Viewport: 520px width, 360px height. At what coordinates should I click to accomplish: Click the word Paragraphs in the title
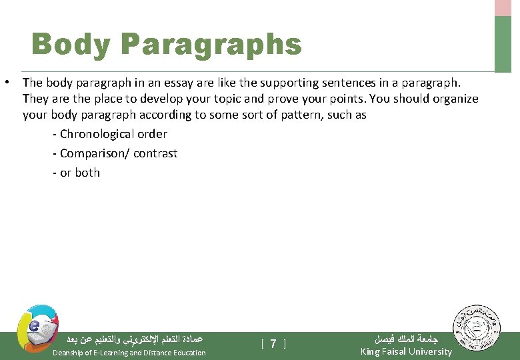click(x=211, y=45)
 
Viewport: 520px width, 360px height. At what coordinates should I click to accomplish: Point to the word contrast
click(x=155, y=153)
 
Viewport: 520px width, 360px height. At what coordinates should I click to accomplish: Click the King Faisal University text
click(x=406, y=351)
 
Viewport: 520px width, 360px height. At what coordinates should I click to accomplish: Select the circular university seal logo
click(x=479, y=331)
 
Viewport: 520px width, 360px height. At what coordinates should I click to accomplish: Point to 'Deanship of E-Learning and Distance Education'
click(x=129, y=353)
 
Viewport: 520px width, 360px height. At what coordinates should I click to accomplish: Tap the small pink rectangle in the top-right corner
click(x=503, y=7)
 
